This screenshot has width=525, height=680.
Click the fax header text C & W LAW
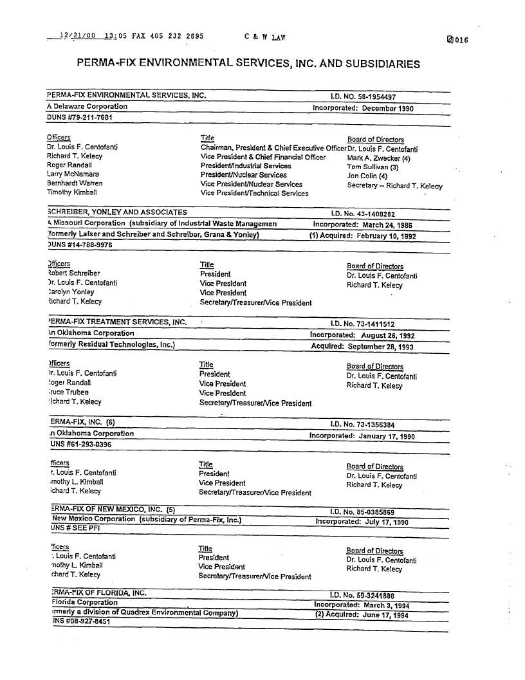[x=264, y=37]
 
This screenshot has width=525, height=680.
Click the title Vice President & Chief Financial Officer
[x=263, y=157]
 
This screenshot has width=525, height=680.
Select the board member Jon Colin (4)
[x=367, y=176]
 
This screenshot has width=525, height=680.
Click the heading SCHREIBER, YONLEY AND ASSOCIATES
[x=118, y=212]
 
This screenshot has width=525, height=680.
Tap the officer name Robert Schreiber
[x=73, y=273]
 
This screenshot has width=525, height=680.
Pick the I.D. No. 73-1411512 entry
[x=362, y=324]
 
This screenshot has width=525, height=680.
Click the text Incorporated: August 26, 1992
[x=362, y=336]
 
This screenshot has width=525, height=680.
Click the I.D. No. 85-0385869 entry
[x=362, y=512]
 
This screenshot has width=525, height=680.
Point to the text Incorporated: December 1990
[x=363, y=108]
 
